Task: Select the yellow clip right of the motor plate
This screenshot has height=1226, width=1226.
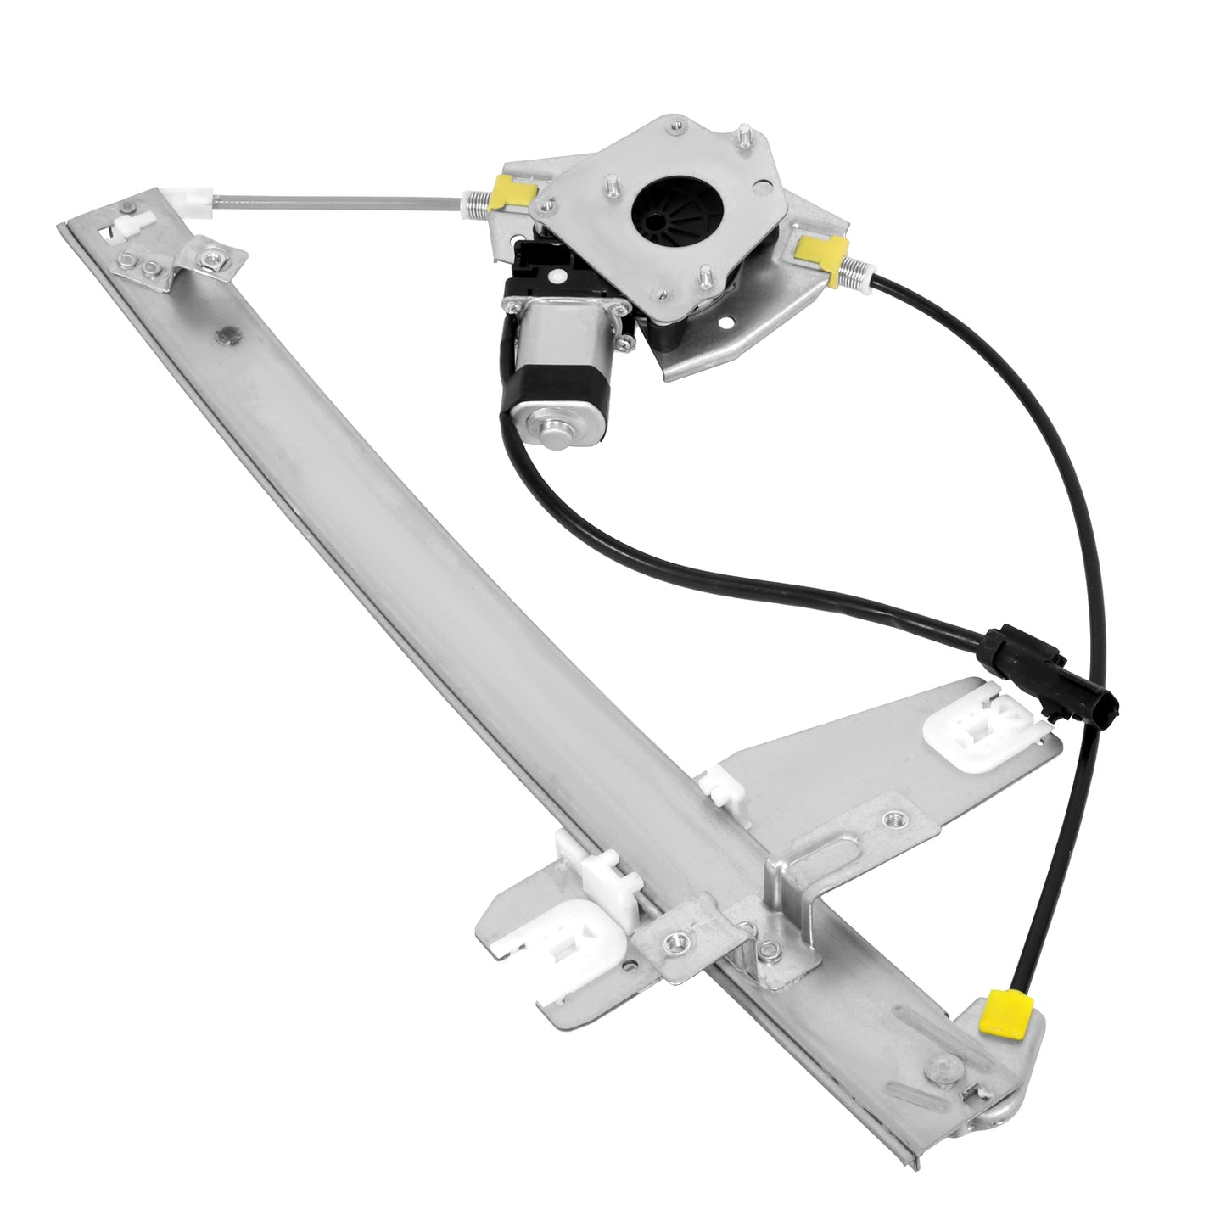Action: tap(823, 249)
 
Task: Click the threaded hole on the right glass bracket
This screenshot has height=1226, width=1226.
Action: tap(892, 820)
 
